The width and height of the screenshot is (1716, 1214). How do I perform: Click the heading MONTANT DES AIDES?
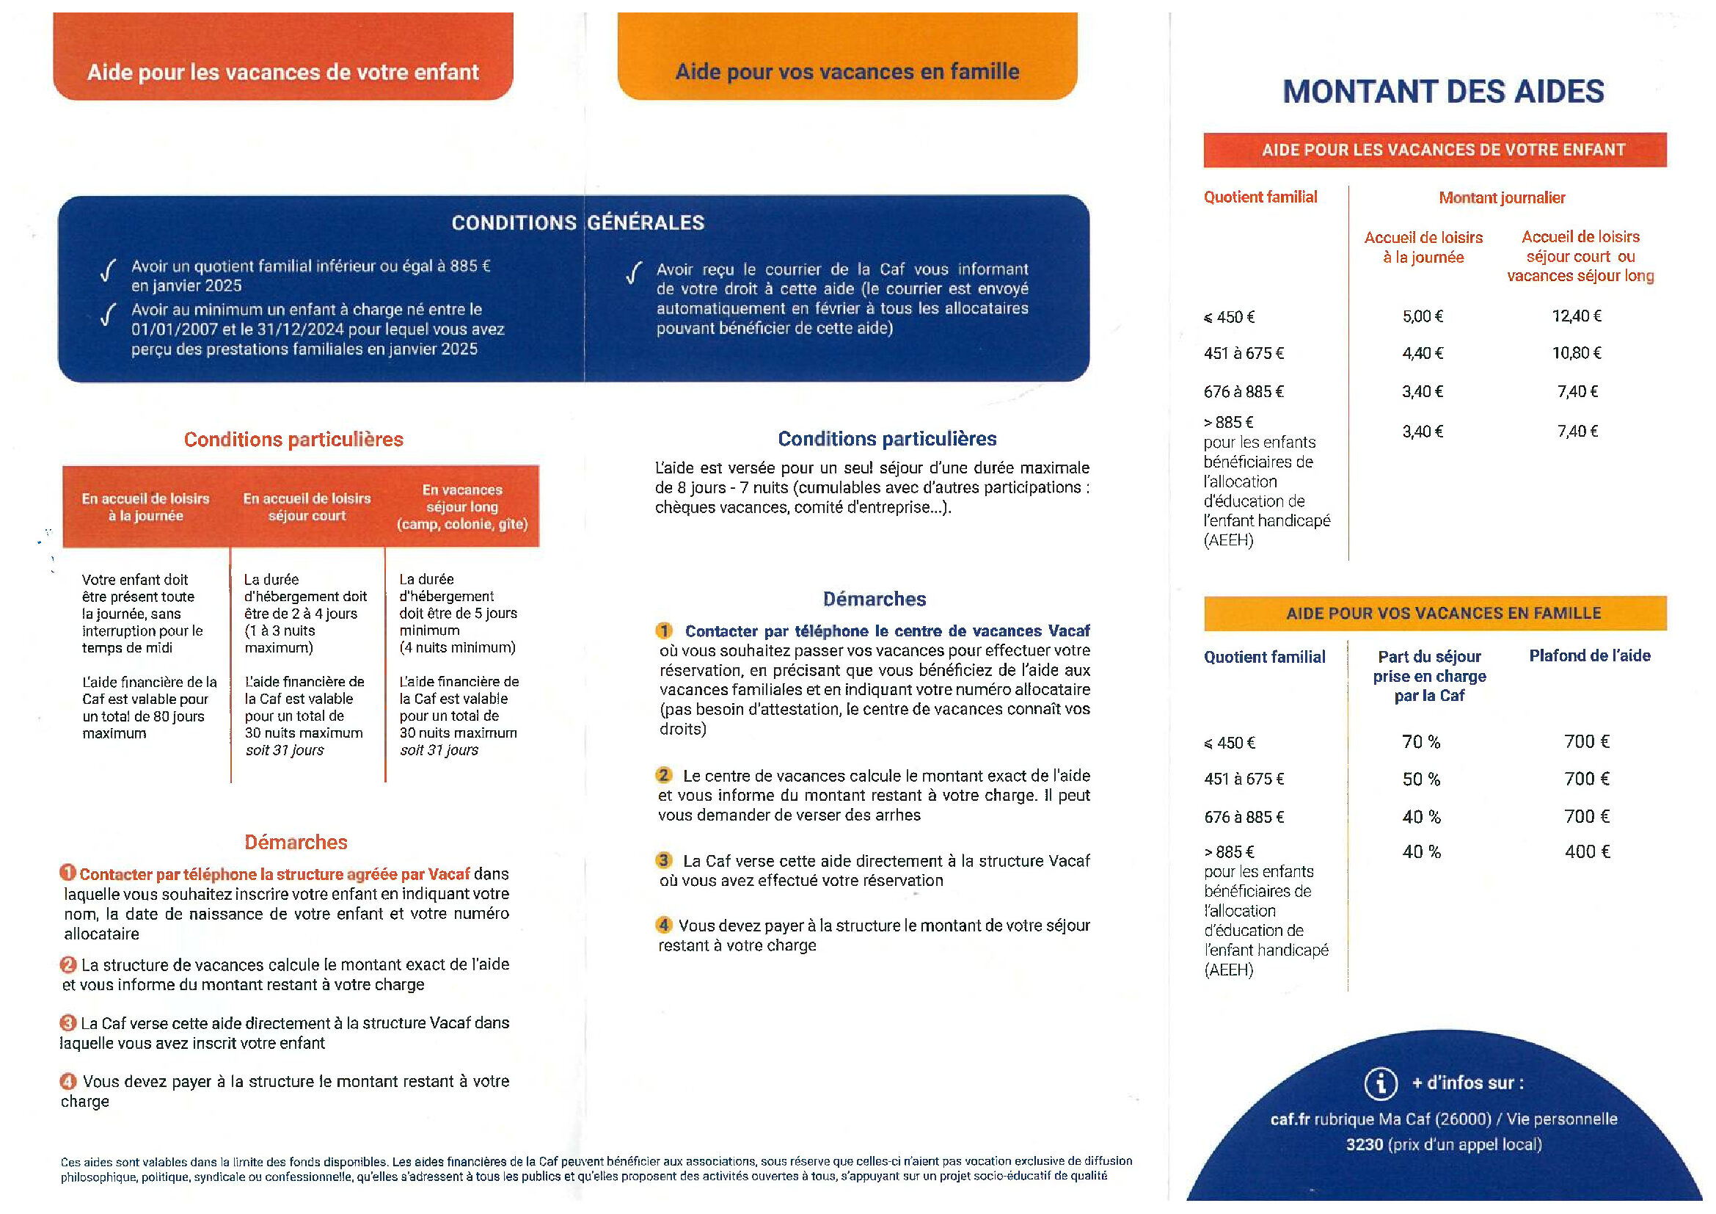(x=1442, y=92)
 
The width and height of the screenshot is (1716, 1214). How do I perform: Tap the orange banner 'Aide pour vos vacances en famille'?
(x=847, y=72)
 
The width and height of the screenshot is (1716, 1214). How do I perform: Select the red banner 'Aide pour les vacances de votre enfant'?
(x=282, y=73)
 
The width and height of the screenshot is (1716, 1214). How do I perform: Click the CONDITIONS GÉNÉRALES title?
(x=577, y=223)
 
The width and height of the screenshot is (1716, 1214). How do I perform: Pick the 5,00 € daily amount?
(x=1423, y=316)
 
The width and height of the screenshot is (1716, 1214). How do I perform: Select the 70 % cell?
(x=1421, y=741)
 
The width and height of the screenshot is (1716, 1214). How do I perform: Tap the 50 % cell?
(x=1421, y=779)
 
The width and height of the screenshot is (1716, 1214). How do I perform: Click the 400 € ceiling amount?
(x=1587, y=851)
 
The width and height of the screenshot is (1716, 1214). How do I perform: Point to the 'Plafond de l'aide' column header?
(x=1589, y=655)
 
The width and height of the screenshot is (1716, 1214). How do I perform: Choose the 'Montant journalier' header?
(x=1502, y=198)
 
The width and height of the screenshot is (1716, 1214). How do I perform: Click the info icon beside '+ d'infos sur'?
(x=1381, y=1083)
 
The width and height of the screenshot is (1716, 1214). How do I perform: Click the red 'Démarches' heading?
(x=296, y=843)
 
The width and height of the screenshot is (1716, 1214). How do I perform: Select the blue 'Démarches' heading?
(x=874, y=599)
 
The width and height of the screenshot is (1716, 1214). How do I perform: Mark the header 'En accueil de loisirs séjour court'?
(x=307, y=507)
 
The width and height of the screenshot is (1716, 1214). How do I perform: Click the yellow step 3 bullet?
(x=664, y=860)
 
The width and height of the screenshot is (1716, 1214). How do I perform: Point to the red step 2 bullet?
(x=69, y=964)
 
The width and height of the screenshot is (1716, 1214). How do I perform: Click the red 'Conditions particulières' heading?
(x=293, y=440)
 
